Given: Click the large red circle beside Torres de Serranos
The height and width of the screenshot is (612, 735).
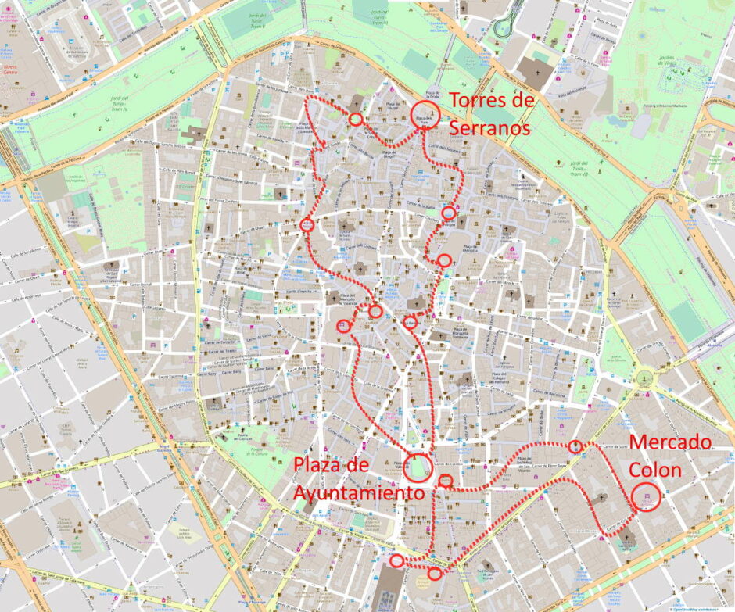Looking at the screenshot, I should (425, 115).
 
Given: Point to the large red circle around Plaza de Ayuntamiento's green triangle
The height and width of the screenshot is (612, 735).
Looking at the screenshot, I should (418, 467).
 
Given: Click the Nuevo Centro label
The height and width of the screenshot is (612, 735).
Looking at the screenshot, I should (11, 71).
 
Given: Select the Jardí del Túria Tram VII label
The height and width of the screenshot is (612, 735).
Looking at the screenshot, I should (578, 167).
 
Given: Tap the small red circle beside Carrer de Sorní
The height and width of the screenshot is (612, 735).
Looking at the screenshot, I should (576, 446).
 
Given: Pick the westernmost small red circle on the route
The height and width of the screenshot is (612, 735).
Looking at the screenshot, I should (307, 225).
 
